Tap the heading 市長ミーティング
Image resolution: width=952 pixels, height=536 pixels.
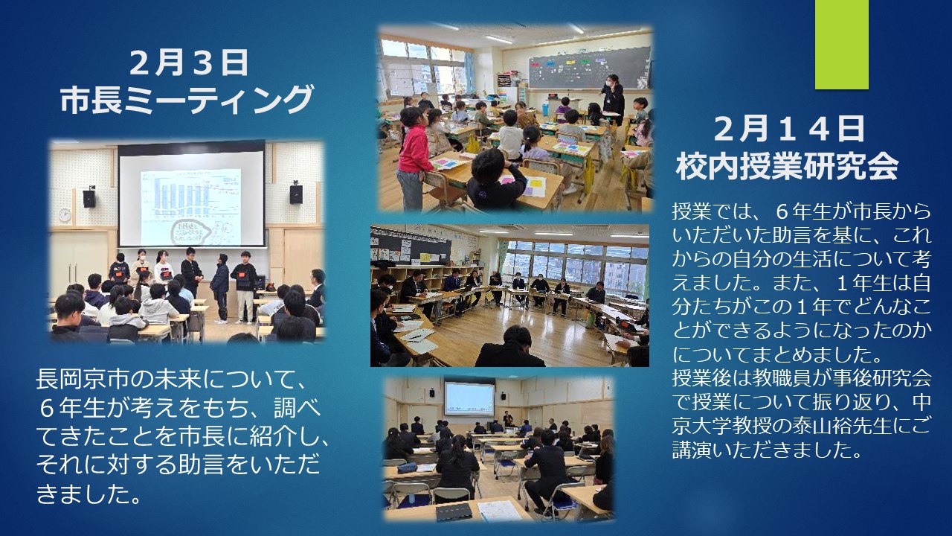coord(187,100)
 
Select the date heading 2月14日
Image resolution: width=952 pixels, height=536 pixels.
coord(789,129)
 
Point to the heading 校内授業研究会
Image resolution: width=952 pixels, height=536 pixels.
coord(787,167)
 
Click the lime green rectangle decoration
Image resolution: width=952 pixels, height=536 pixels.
coord(841,44)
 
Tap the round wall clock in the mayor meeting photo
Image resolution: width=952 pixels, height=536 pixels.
coord(65,215)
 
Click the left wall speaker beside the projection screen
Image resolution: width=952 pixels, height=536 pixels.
coord(89,198)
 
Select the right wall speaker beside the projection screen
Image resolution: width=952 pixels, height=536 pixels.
coord(296,194)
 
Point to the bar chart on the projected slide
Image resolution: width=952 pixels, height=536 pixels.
coord(190,194)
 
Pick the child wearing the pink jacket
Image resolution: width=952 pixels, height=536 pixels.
coord(412,157)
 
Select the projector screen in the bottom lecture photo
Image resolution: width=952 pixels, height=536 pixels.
coord(469,398)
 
